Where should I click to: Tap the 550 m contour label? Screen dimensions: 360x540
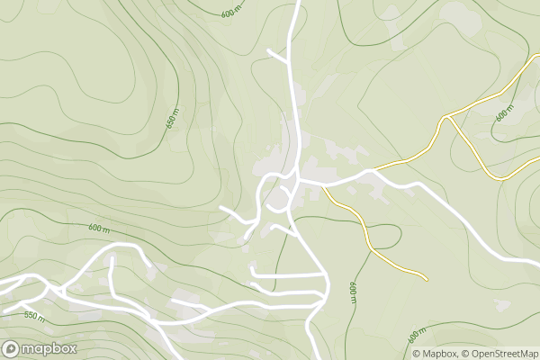pyautogui.click(x=34, y=316)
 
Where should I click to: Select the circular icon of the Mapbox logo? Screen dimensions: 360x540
pyautogui.click(x=11, y=349)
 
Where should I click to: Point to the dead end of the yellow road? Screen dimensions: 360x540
pyautogui.click(x=426, y=278)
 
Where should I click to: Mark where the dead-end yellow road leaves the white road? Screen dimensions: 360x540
pyautogui.click(x=325, y=188)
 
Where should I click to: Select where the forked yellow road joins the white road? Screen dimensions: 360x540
pyautogui.click(x=369, y=169)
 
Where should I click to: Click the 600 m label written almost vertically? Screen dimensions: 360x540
pyautogui.click(x=353, y=293)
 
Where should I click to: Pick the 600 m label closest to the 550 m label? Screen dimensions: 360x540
pyautogui.click(x=99, y=229)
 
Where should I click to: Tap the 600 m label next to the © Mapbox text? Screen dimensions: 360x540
pyautogui.click(x=415, y=337)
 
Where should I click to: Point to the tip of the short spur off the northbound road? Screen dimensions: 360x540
pyautogui.click(x=269, y=51)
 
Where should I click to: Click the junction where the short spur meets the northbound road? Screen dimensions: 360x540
pyautogui.click(x=289, y=63)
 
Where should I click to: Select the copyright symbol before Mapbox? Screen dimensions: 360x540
pyautogui.click(x=418, y=352)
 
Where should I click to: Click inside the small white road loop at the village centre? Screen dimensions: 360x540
pyautogui.click(x=281, y=195)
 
